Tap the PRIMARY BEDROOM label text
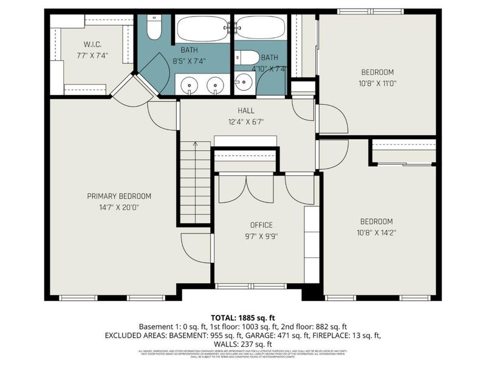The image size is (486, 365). (119, 196)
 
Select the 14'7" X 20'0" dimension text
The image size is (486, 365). (119, 207)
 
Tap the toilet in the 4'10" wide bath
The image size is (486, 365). (247, 57)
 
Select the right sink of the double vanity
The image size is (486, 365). (215, 85)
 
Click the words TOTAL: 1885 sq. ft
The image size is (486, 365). (242, 318)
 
